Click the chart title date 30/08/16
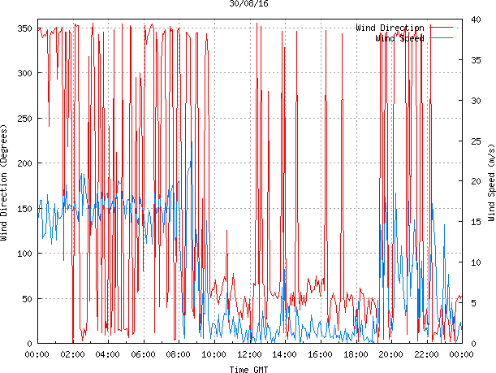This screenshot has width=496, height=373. pyautogui.click(x=249, y=4)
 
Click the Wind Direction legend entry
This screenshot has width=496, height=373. pyautogui.click(x=390, y=28)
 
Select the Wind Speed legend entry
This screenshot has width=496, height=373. pyautogui.click(x=399, y=38)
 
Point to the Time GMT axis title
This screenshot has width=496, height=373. pyautogui.click(x=249, y=368)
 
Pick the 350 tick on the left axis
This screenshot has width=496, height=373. pyautogui.click(x=23, y=29)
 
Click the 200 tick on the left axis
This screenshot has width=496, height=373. pyautogui.click(x=23, y=163)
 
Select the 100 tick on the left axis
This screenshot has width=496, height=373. pyautogui.click(x=23, y=254)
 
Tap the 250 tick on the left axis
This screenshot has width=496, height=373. pyautogui.click(x=23, y=119)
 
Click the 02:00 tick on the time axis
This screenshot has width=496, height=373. pyautogui.click(x=73, y=354)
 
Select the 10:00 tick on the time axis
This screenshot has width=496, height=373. pyautogui.click(x=214, y=354)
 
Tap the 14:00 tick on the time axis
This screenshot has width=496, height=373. pyautogui.click(x=285, y=354)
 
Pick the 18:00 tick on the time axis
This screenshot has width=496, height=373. pyautogui.click(x=356, y=354)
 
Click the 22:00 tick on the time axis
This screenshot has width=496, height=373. pyautogui.click(x=426, y=354)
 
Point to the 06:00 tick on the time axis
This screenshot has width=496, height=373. pyautogui.click(x=144, y=354)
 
